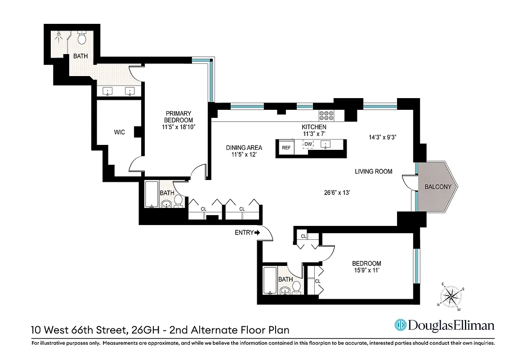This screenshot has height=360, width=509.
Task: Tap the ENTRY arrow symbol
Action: [x=257, y=233]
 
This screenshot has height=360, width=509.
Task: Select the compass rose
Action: [x=451, y=296]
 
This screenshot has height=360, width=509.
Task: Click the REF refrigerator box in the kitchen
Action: [x=286, y=148]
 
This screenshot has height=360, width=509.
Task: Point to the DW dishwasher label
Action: [x=308, y=144]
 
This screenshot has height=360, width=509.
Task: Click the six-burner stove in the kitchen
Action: [x=326, y=116]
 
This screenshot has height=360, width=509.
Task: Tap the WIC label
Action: [x=119, y=132]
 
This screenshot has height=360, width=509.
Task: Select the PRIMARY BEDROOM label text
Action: [x=179, y=117]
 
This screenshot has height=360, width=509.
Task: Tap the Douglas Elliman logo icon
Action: [x=400, y=325]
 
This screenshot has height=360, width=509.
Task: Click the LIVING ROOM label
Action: [x=373, y=171]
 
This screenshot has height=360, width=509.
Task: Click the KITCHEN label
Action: [x=313, y=127]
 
